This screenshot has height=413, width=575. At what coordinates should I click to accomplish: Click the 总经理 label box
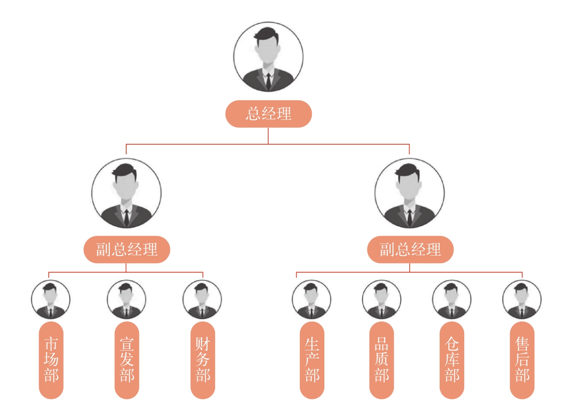coord(268,114)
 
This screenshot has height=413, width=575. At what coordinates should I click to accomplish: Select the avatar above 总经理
coord(268,56)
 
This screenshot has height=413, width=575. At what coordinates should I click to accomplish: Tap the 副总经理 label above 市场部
coord(126,249)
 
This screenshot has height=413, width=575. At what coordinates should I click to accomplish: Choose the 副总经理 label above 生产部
coord(410,249)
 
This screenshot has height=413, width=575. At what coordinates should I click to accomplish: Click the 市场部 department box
coord(51,360)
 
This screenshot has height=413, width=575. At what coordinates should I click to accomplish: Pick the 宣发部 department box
coord(127,360)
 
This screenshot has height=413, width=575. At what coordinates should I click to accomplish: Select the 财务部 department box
coord(203,360)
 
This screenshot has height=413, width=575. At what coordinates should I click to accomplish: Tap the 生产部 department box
coord(312,360)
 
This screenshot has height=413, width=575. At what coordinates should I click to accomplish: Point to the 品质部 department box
coord(381,360)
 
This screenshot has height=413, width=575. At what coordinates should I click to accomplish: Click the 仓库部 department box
coord(452,360)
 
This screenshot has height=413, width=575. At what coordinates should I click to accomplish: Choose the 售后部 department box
coord(522,360)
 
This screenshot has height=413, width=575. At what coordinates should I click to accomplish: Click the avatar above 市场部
coord(50,299)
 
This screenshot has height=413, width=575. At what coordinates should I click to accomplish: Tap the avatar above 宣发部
coord(126,299)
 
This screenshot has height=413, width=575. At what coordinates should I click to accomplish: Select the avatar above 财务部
coord(202,299)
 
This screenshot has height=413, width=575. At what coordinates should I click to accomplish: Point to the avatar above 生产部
coord(311,299)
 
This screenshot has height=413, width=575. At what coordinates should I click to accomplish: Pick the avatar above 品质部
coord(381,299)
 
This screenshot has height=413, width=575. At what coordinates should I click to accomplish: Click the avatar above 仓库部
coord(452,299)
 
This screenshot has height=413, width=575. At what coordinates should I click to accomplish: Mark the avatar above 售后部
coord(522,299)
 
